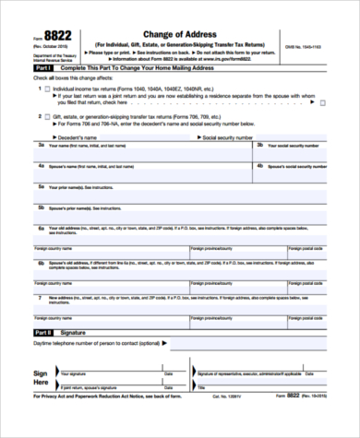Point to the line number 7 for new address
(41, 298)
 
